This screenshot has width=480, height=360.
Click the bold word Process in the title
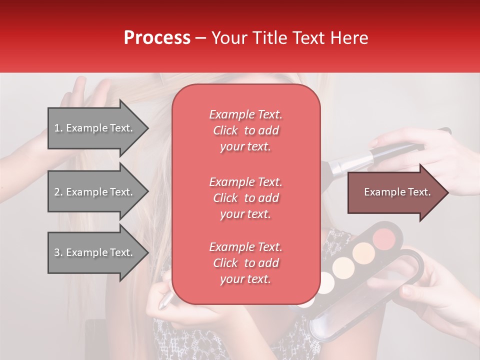point(157,38)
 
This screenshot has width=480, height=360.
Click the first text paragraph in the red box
point(245,130)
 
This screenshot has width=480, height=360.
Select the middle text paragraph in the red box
point(245,197)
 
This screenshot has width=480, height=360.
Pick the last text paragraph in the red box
point(245,263)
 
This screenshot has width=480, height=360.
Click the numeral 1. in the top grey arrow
point(58,128)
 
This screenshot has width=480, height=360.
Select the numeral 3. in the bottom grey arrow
point(58,252)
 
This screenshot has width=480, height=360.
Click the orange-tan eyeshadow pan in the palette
point(363,253)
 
